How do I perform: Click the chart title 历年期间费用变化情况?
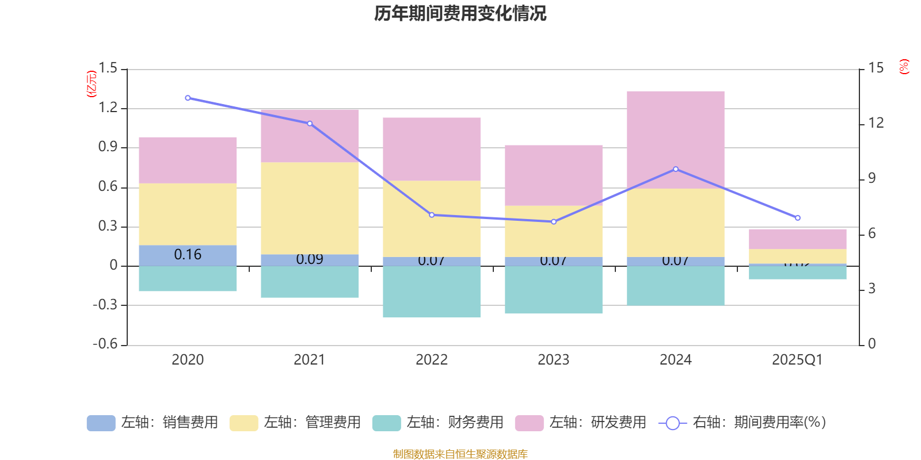coord(460,13)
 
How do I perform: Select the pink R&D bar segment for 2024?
coord(675,139)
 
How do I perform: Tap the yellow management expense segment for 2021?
coord(310,208)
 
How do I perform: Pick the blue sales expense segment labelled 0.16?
coord(188,255)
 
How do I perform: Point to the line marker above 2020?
coord(188,98)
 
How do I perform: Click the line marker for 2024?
coord(676,169)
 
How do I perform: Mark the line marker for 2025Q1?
coord(798,218)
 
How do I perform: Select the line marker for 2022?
coord(432,215)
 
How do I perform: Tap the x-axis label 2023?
coord(554,360)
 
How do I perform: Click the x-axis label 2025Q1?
coord(797,360)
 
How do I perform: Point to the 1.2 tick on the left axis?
coord(108,108)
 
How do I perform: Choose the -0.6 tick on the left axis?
coord(105,344)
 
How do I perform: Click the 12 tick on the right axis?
coord(876,123)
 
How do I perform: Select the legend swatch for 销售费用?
coord(101,423)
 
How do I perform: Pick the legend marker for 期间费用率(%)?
coord(672,423)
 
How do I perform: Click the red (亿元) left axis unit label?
coord(92,84)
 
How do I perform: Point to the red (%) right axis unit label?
coord(904,67)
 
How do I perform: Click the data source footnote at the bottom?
coord(460,454)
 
